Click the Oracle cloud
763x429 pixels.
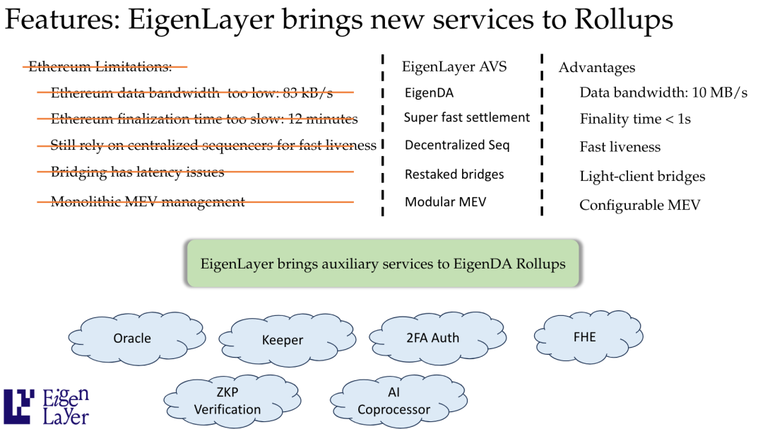pyautogui.click(x=133, y=339)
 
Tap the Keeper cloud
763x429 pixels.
pyautogui.click(x=283, y=340)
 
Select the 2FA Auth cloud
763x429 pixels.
pyautogui.click(x=432, y=338)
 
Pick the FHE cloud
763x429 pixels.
pyautogui.click(x=584, y=336)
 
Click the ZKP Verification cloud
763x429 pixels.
pyautogui.click(x=227, y=401)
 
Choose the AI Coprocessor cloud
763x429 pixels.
pyautogui.click(x=394, y=401)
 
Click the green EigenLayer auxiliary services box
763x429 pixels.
pyautogui.click(x=383, y=264)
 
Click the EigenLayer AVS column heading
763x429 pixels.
pyautogui.click(x=454, y=67)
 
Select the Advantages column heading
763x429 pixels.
pyautogui.click(x=597, y=68)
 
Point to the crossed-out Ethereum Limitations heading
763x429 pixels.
pyautogui.click(x=100, y=67)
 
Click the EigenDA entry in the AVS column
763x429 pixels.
pyautogui.click(x=429, y=93)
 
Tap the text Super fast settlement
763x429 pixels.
pyautogui.click(x=466, y=117)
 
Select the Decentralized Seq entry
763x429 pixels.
pyautogui.click(x=457, y=145)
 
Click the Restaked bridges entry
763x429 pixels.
pyautogui.click(x=454, y=174)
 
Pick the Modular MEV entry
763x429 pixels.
pyautogui.click(x=445, y=202)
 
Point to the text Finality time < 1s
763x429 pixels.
pyautogui.click(x=635, y=119)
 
